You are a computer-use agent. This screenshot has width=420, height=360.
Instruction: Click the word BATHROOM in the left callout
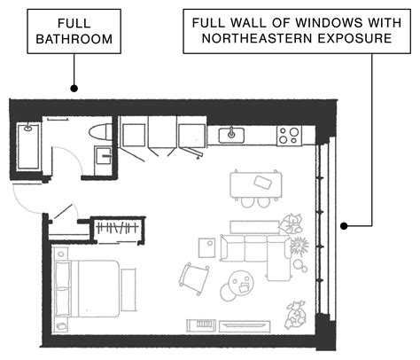74,40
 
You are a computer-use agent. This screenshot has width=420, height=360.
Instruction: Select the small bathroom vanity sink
104,159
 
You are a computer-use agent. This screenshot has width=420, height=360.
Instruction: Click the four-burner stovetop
289,136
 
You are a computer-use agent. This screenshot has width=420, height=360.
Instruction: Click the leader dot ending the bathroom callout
74,89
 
